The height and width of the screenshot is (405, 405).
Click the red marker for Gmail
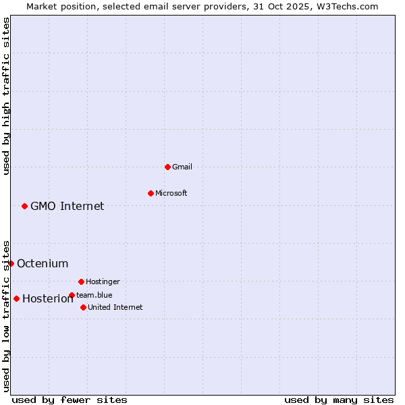pos(167,167)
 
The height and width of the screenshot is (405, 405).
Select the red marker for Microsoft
pos(151,193)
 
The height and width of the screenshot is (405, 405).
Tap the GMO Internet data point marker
pos(24,206)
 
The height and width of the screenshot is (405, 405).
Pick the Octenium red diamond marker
pos(11,263)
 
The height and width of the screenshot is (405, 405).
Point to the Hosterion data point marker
pos(16,298)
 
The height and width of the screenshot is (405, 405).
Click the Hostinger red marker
pos(81,281)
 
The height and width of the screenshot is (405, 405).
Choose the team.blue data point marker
pos(72,295)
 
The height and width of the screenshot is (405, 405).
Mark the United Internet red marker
pos(83,307)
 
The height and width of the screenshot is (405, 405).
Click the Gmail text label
pos(182,167)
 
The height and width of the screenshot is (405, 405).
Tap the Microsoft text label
pos(171,193)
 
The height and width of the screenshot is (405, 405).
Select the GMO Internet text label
pos(67,206)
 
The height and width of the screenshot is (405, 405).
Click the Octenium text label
pos(43,263)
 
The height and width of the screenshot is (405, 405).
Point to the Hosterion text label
pos(47,298)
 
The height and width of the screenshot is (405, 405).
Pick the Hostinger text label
pos(103,281)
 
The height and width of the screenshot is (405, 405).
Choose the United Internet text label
pos(115,307)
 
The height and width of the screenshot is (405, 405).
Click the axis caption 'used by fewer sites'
pos(70,400)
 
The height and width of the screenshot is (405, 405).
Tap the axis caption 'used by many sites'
pos(339,400)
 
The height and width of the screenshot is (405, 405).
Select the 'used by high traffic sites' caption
pos(6,96)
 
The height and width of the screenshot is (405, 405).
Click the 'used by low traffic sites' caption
pos(6,315)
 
